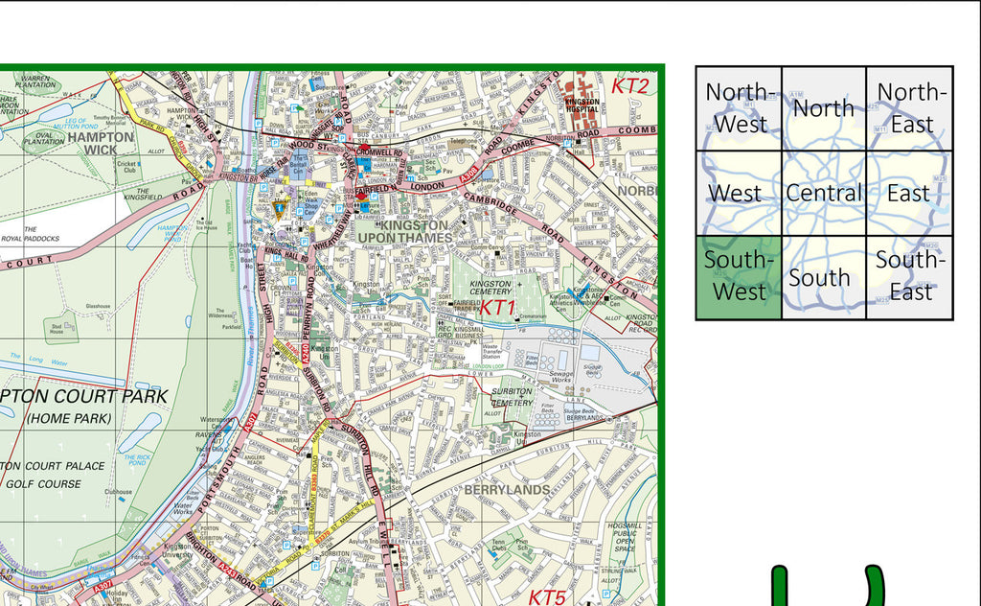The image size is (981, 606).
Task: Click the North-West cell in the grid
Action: coord(738,107)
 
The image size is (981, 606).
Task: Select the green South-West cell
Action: coord(738,276)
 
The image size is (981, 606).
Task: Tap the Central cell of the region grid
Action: coord(824,193)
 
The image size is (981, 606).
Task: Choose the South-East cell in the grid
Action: coord(909,276)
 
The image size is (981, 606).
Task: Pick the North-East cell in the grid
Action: coord(909,107)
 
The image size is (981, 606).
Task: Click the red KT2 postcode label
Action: coord(630,86)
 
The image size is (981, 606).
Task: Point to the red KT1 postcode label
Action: coord(498,308)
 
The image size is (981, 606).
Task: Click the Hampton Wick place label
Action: coord(101,144)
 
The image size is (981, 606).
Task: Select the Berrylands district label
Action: coord(507,489)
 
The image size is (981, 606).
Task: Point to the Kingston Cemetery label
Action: coord(490,288)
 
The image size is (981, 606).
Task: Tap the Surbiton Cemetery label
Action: coord(512,398)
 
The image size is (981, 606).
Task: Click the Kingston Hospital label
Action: coord(582,105)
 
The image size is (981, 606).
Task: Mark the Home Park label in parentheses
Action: coord(69,418)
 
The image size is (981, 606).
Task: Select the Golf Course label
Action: coord(44,484)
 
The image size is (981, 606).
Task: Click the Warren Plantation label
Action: coord(35,82)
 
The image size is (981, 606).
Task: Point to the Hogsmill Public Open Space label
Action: coord(624,539)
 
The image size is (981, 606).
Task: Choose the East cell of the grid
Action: coord(909,193)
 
